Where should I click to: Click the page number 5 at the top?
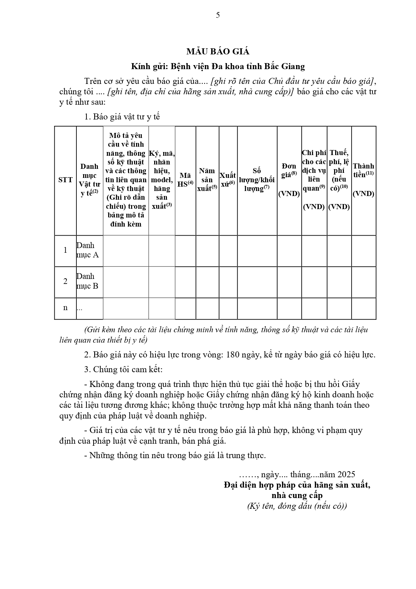click(x=218, y=15)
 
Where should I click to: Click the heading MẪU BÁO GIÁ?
click(x=218, y=51)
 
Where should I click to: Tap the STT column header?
click(x=65, y=180)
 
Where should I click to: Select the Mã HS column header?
click(x=185, y=180)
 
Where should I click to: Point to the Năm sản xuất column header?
click(x=207, y=180)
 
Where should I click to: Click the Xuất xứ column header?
click(x=228, y=180)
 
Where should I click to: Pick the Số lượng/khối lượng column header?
click(x=257, y=180)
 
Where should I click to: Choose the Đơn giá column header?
click(x=289, y=180)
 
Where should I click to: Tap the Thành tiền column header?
click(x=363, y=180)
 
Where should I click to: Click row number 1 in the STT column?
click(x=65, y=250)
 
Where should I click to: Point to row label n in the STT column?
click(x=65, y=307)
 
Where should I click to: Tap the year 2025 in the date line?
click(x=346, y=475)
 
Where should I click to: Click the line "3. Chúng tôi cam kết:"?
click(x=123, y=370)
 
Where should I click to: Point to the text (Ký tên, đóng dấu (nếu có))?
click(x=297, y=506)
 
